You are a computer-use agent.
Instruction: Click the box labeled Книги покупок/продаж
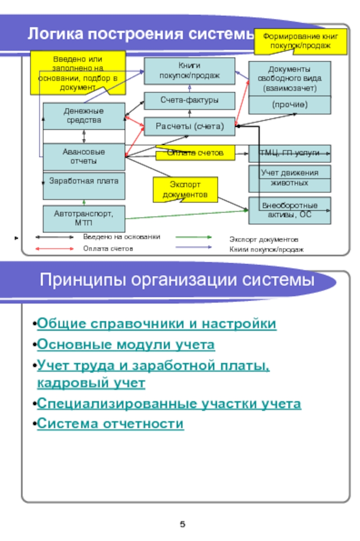[189, 71]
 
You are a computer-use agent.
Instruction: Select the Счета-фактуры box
[189, 100]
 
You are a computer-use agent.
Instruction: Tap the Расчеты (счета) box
[189, 126]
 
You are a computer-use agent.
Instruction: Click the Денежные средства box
[84, 116]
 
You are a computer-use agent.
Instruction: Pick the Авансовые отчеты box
[84, 156]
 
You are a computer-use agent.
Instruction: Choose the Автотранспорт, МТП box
[84, 218]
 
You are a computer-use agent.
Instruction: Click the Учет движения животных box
[289, 178]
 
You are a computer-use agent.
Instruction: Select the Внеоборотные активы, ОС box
[289, 210]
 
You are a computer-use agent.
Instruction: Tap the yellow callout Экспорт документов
[185, 189]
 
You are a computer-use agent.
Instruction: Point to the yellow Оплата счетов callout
[195, 153]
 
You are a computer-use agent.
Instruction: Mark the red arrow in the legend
[54, 248]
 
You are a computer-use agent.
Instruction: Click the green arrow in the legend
[193, 236]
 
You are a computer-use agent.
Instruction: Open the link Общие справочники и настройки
[157, 324]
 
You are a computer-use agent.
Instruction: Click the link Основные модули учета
[126, 345]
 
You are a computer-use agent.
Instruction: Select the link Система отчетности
[110, 424]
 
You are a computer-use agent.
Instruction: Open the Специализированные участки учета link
[169, 403]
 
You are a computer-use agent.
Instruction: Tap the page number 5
[183, 524]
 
